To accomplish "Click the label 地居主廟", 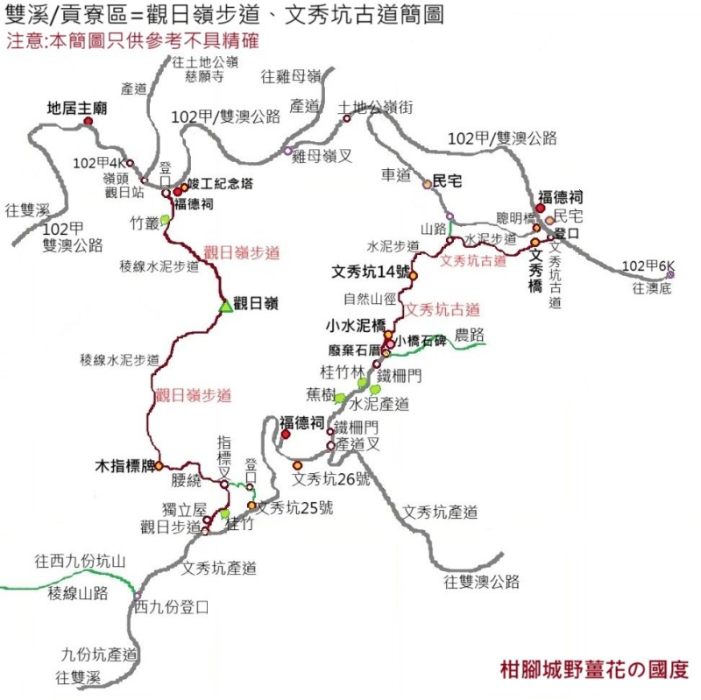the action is point(76,109).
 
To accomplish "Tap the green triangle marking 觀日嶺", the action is point(225,306).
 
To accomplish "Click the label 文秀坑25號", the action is point(296,506).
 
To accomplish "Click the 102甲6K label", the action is point(648,265).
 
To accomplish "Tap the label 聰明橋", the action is point(514,217).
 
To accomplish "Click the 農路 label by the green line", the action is point(468,335).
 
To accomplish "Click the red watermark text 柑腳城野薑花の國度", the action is point(593,669).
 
